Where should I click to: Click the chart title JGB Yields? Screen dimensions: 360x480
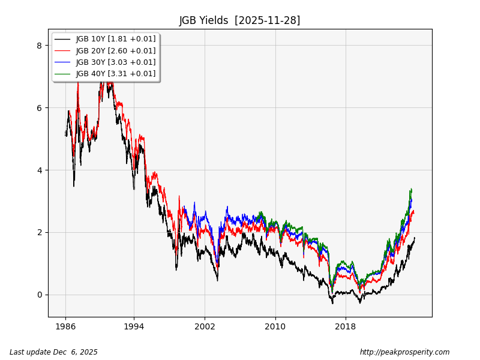pos(205,20)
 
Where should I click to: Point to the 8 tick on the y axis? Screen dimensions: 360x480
pos(39,46)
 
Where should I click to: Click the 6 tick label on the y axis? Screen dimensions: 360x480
pos(39,108)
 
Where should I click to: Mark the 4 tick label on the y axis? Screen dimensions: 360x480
pos(39,170)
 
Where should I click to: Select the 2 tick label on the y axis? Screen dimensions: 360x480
pos(39,232)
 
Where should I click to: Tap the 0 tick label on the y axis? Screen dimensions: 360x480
pos(39,295)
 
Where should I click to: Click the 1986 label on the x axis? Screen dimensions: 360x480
pos(65,327)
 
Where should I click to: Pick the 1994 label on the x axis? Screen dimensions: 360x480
pos(134,327)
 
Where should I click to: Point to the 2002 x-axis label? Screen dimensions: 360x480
pos(205,327)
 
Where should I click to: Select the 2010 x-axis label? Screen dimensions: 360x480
pos(275,327)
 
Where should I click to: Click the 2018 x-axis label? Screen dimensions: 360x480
pos(346,327)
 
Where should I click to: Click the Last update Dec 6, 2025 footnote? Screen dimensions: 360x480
pos(53,352)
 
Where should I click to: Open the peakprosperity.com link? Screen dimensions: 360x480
pos(404,352)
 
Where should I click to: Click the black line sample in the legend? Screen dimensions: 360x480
pos(62,39)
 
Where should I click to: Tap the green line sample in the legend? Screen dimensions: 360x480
pos(62,74)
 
